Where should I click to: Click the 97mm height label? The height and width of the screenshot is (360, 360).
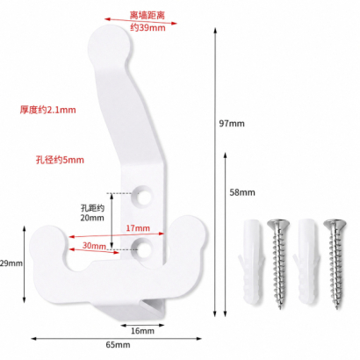(x=232, y=124)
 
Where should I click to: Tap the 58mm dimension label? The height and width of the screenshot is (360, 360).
(x=242, y=192)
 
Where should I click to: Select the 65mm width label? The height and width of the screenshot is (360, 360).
(x=118, y=344)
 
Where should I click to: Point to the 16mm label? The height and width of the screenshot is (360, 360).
(x=142, y=331)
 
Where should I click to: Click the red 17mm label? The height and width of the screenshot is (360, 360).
(x=138, y=228)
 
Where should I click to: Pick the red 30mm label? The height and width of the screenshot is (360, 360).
(x=94, y=245)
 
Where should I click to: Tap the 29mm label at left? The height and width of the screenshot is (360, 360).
(x=11, y=263)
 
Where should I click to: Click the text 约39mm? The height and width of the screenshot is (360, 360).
(x=148, y=27)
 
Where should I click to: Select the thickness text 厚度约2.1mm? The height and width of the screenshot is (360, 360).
(x=47, y=110)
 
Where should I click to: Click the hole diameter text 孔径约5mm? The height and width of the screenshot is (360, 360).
(x=60, y=160)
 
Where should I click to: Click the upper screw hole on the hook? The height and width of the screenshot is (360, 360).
(x=143, y=197)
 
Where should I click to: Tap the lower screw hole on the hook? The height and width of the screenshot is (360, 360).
(x=143, y=248)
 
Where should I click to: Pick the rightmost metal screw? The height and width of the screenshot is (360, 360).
(x=335, y=263)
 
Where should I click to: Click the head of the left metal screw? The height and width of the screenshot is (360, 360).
(x=278, y=224)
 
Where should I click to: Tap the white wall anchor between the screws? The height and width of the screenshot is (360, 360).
(x=306, y=261)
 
